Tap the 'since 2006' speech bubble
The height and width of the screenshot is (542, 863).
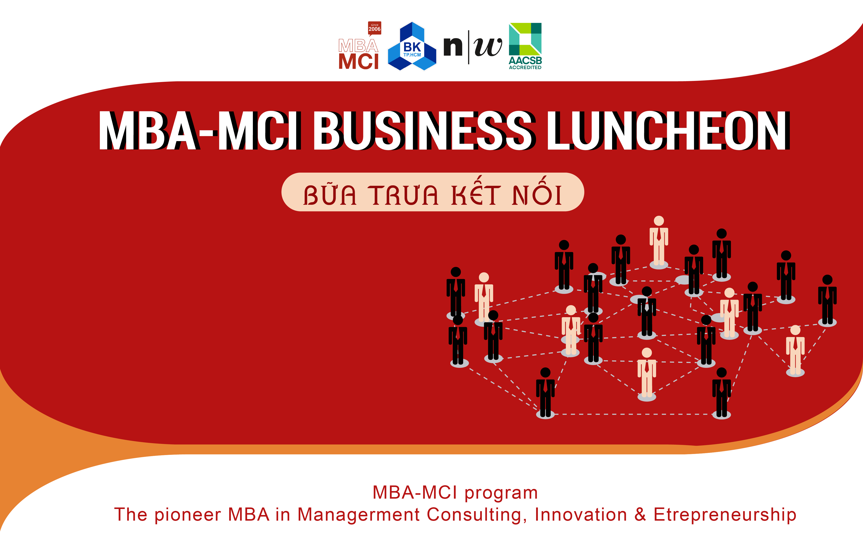pyautogui.click(x=375, y=28)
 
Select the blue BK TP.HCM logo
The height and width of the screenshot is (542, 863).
pyautogui.click(x=412, y=47)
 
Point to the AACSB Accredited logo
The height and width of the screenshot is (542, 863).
pyautogui.click(x=525, y=46)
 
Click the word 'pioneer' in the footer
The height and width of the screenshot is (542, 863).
pyautogui.click(x=187, y=515)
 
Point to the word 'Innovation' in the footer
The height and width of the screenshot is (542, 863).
pyautogui.click(x=581, y=515)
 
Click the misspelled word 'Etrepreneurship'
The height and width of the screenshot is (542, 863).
pyautogui.click(x=725, y=515)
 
